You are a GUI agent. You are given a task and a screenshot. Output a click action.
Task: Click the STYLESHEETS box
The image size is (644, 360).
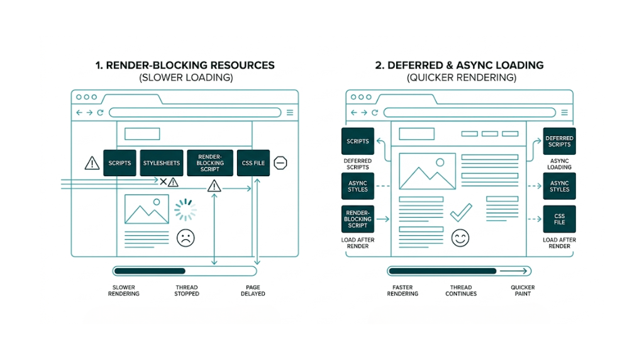(161, 163)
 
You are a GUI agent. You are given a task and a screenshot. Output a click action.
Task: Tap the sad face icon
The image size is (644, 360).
(185, 238)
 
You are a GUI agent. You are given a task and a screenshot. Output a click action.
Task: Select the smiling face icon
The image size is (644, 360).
(460, 238)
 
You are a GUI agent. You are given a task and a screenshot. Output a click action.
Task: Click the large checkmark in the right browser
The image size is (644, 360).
(461, 212)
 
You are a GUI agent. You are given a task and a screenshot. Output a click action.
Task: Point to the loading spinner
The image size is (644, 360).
(185, 210)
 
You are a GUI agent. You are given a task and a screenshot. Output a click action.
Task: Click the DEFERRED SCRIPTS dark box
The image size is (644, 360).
(559, 141)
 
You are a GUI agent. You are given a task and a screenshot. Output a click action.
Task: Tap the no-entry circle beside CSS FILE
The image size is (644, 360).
(280, 163)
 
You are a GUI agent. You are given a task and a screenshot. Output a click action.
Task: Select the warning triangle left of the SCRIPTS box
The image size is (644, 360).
(92, 164)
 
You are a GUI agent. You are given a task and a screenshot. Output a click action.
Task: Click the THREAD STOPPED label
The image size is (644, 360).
(186, 290)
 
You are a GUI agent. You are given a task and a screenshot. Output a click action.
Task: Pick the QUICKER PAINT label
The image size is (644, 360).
(522, 290)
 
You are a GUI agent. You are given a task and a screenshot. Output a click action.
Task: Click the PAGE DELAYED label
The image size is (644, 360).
(253, 290)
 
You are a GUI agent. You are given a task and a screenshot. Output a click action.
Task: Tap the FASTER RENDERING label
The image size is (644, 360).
(402, 290)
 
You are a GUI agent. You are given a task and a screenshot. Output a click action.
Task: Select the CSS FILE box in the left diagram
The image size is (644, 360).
(253, 163)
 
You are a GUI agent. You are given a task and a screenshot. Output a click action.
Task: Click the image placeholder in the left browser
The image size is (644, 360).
(146, 210)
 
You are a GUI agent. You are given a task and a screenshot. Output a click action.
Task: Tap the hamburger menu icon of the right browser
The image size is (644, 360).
(565, 113)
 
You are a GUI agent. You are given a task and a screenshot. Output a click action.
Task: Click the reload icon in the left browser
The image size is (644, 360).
(100, 113)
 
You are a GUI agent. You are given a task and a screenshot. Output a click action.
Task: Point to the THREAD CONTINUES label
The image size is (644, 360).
(461, 290)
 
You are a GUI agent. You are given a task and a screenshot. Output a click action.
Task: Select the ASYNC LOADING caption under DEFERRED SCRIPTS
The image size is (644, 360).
(559, 164)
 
